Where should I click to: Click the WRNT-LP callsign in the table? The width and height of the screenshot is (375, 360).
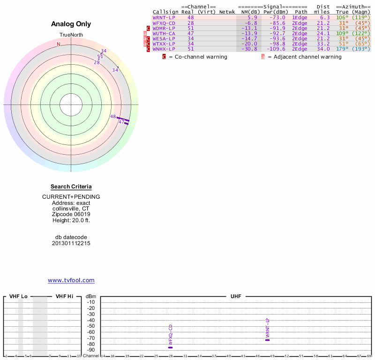(164, 17)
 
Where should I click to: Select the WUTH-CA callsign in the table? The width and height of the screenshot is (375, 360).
(164, 33)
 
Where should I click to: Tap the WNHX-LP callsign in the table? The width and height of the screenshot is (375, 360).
(164, 49)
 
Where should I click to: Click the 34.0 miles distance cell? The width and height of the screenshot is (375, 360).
(323, 49)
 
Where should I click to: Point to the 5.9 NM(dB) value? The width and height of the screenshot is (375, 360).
(252, 17)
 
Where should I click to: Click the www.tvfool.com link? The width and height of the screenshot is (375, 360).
(71, 280)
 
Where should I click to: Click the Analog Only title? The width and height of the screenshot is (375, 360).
(71, 24)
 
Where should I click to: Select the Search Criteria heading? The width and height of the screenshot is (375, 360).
(71, 187)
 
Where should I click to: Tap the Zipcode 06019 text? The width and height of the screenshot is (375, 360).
(71, 214)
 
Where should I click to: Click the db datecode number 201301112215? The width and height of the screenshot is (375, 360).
(71, 243)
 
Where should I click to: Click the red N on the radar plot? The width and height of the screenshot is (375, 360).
(59, 44)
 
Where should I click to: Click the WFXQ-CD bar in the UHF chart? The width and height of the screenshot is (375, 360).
(171, 347)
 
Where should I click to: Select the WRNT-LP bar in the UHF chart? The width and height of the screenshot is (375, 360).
(267, 340)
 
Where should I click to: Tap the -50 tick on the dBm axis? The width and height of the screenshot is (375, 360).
(91, 326)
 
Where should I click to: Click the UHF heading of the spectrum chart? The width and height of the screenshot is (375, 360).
(235, 296)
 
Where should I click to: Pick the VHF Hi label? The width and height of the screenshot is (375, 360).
(65, 296)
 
